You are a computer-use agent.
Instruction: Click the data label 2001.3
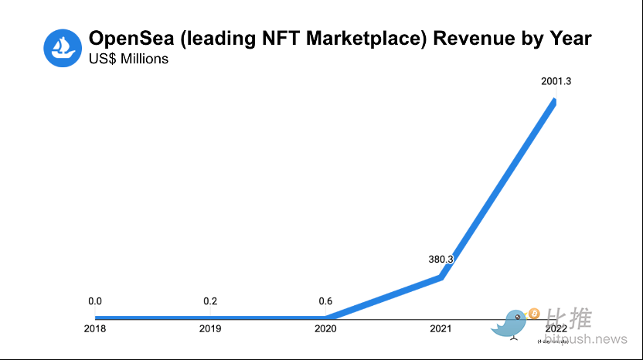(x=556, y=81)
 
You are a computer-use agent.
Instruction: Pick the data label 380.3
(x=441, y=260)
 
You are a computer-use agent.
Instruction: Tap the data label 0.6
(x=325, y=301)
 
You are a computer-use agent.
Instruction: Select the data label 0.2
(x=210, y=301)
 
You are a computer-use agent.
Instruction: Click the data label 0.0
(x=95, y=301)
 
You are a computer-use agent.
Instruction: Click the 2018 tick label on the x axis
(x=95, y=329)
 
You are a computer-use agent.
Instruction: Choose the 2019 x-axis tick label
(x=210, y=329)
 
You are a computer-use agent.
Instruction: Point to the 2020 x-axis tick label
(x=325, y=329)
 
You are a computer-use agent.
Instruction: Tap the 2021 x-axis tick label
(x=441, y=329)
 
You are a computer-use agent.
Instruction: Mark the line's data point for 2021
(x=441, y=277)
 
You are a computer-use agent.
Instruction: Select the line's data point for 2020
(x=325, y=317)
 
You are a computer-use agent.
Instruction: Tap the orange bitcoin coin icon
(x=533, y=314)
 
